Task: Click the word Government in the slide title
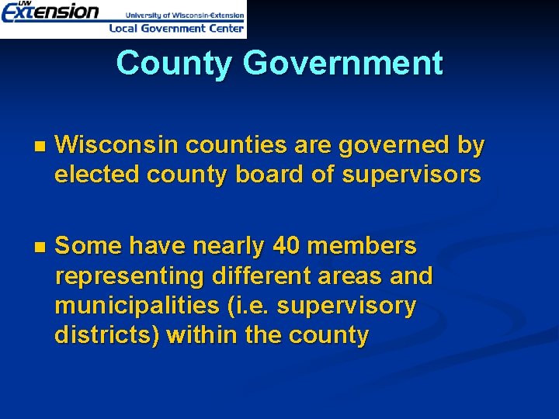[342, 63]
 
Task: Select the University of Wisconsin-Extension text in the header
[185, 14]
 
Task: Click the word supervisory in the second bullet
[346, 306]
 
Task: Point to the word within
[202, 335]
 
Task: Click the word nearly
[229, 247]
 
